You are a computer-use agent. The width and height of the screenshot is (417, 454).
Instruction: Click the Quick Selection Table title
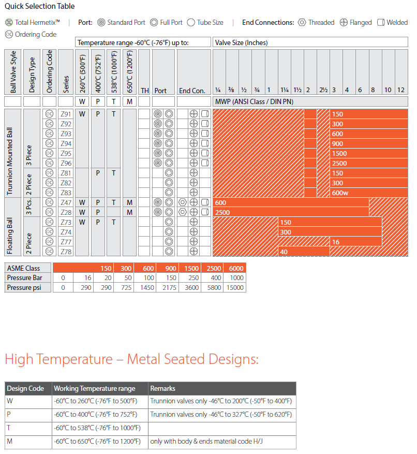39,6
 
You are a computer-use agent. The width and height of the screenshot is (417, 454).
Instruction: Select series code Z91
66,114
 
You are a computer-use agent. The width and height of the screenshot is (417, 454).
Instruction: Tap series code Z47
66,202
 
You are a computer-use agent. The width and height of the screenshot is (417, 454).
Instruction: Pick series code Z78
66,252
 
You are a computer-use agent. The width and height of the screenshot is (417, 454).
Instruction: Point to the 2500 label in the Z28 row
222,212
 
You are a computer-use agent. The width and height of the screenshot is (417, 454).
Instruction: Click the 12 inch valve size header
400,90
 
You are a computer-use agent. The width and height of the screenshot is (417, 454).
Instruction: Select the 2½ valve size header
323,90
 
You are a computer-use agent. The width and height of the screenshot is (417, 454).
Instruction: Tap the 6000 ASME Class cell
236,268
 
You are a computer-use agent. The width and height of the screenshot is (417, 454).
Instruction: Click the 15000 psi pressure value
235,287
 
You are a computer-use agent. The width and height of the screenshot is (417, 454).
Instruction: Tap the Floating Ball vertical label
11,236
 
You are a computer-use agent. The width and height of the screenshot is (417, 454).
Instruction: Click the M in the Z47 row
129,202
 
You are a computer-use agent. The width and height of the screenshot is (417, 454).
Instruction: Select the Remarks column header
162,388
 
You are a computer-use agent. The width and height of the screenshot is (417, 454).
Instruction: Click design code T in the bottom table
9,428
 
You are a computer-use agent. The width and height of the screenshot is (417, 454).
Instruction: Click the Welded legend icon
381,22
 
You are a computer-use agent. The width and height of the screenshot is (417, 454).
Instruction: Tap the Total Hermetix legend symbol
9,22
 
